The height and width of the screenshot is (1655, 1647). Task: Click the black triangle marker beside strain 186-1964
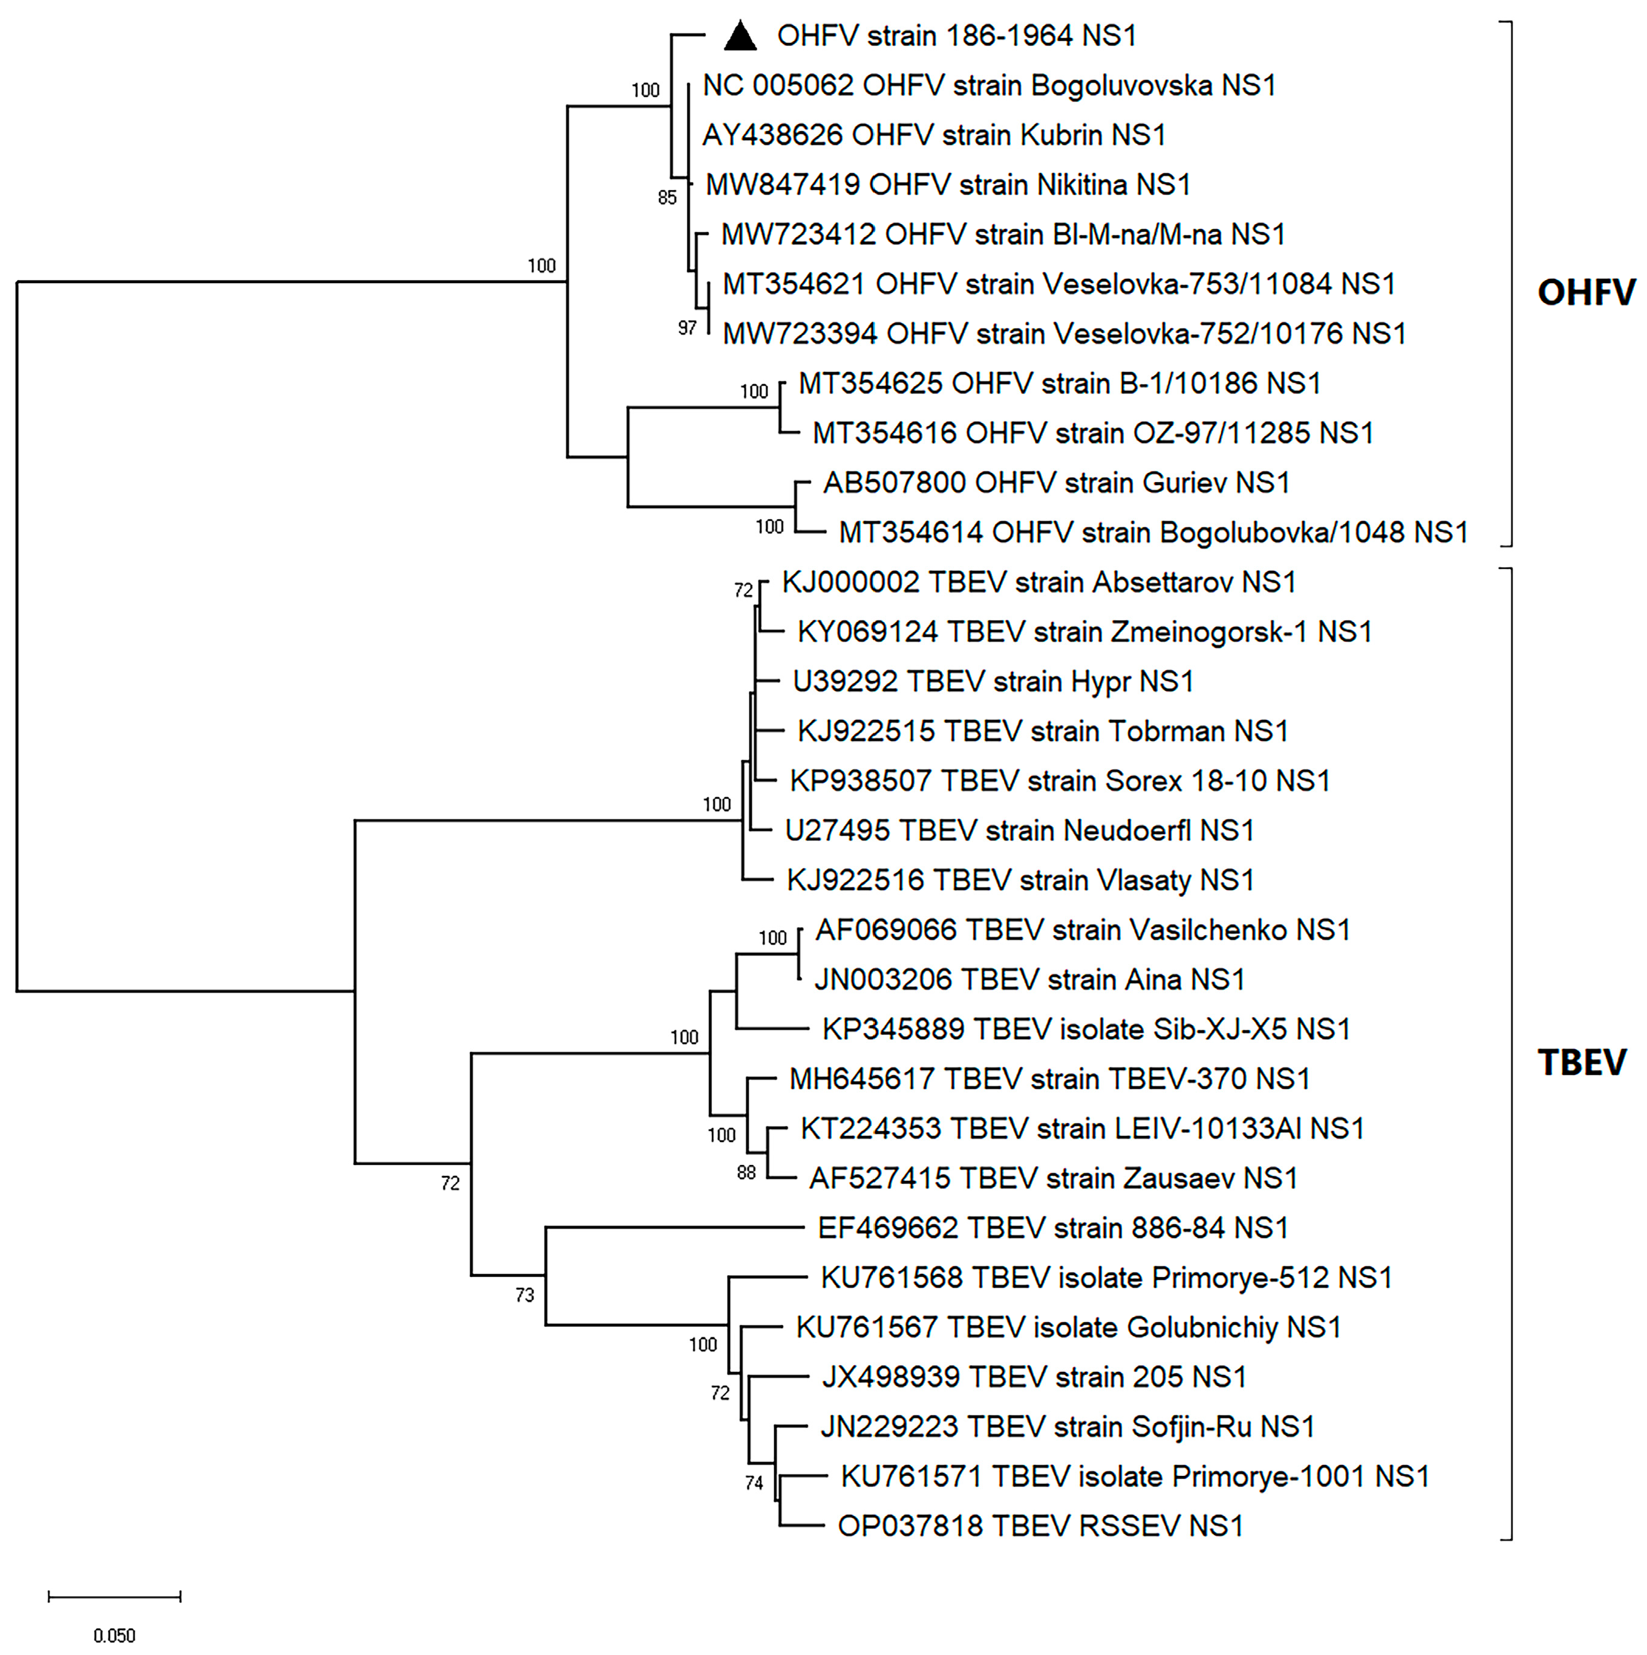(x=740, y=36)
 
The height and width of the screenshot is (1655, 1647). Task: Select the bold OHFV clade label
(x=1585, y=293)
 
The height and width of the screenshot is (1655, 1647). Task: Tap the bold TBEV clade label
(x=1581, y=1062)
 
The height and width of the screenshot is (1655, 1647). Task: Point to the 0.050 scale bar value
(x=114, y=1635)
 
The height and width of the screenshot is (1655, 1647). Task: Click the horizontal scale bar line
(x=114, y=1596)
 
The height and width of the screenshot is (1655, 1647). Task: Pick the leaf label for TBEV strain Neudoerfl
(x=1019, y=830)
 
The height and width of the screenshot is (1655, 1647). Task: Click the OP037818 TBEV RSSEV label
(x=1040, y=1526)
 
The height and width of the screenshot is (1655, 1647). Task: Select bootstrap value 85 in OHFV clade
(x=667, y=198)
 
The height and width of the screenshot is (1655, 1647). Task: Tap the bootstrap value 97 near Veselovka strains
(x=687, y=328)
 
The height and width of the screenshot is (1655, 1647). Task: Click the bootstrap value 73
(x=524, y=1295)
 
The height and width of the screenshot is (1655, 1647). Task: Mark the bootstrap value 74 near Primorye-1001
(x=754, y=1483)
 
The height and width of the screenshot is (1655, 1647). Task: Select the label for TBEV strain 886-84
(x=1052, y=1227)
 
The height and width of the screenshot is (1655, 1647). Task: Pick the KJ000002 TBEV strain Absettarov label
(x=1038, y=583)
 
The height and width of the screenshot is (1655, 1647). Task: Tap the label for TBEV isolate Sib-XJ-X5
(x=1085, y=1029)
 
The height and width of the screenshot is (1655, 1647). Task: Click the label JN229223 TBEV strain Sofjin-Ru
(x=1067, y=1426)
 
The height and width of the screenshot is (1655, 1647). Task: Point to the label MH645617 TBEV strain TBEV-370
(x=1049, y=1079)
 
